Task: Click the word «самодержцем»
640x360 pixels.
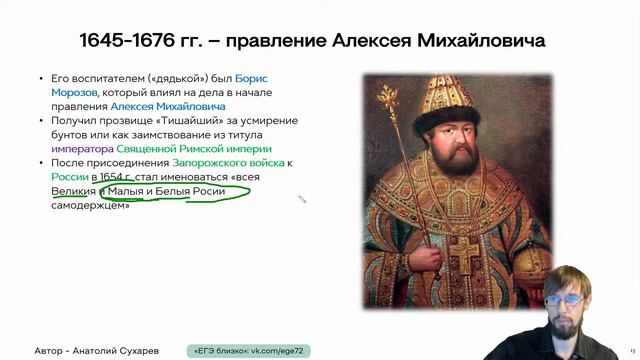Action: point(90,205)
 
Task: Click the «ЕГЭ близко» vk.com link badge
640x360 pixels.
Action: point(249,351)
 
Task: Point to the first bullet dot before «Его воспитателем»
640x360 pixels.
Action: point(41,77)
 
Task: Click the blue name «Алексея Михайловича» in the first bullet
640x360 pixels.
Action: point(168,105)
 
